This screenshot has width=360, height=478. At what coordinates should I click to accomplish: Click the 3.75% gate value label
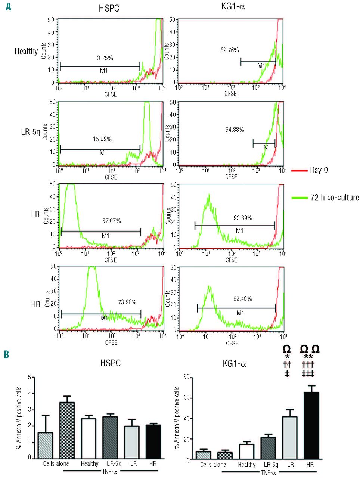(x=105, y=58)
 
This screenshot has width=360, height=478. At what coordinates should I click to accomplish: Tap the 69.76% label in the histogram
(x=229, y=50)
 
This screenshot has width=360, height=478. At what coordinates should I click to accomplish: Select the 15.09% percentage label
(x=102, y=139)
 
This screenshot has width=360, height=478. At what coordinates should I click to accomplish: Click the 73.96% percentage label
(x=127, y=302)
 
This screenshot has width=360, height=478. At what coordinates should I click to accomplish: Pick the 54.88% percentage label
(x=235, y=130)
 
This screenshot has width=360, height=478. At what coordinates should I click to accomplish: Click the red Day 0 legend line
(x=298, y=170)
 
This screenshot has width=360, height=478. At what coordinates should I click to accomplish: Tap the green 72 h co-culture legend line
(x=298, y=197)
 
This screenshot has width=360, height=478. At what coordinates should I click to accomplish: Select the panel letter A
(x=8, y=6)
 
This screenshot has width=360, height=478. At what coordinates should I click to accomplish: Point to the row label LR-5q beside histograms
(x=31, y=131)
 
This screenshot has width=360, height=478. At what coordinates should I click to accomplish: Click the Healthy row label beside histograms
(x=26, y=51)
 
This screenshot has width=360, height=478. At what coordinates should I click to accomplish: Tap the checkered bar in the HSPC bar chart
(x=67, y=430)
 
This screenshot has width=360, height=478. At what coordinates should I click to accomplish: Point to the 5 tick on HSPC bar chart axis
(x=29, y=377)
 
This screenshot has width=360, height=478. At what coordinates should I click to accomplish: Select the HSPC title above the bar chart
(x=110, y=363)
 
